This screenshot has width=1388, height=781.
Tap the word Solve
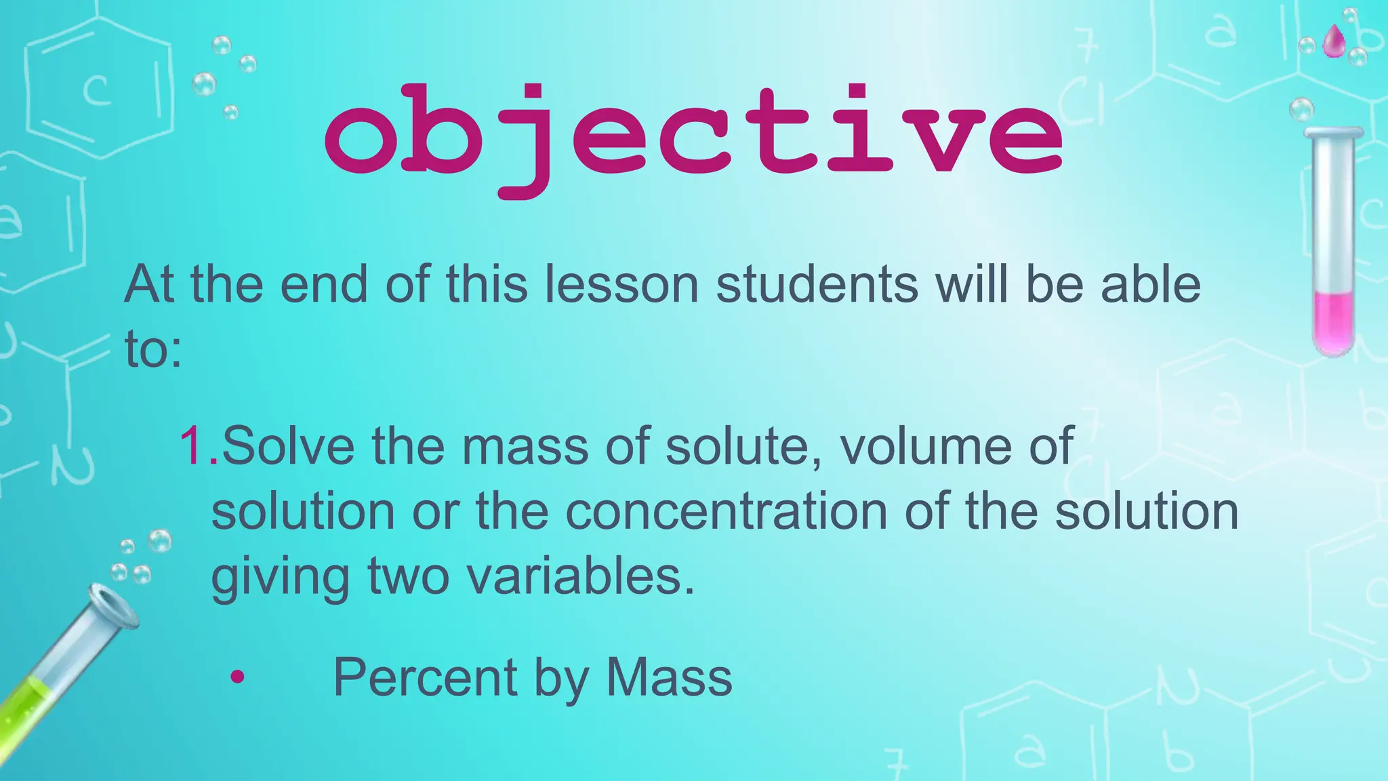coord(288,446)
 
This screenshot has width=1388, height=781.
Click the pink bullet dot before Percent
coord(237,677)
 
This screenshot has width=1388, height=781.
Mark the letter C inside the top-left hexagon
coord(97,92)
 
